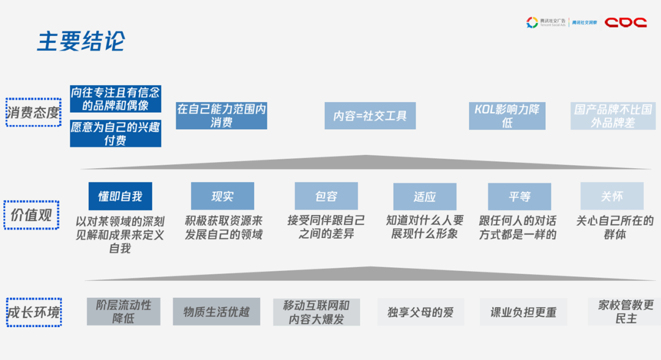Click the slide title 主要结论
click(x=81, y=41)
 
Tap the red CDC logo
click(x=626, y=23)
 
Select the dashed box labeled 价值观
click(x=31, y=215)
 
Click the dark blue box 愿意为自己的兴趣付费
click(x=116, y=134)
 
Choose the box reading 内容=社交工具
click(x=370, y=116)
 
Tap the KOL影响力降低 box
click(x=507, y=116)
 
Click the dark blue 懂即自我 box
click(x=120, y=196)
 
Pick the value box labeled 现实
click(x=222, y=196)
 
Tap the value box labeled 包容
click(x=326, y=196)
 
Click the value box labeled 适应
click(x=425, y=196)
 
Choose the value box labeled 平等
click(x=519, y=196)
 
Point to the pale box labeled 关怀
click(x=612, y=196)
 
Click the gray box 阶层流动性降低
click(x=123, y=312)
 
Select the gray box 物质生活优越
click(x=217, y=312)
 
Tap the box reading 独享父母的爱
click(x=420, y=312)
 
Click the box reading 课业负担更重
click(x=523, y=312)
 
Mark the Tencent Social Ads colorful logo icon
click(x=532, y=23)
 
